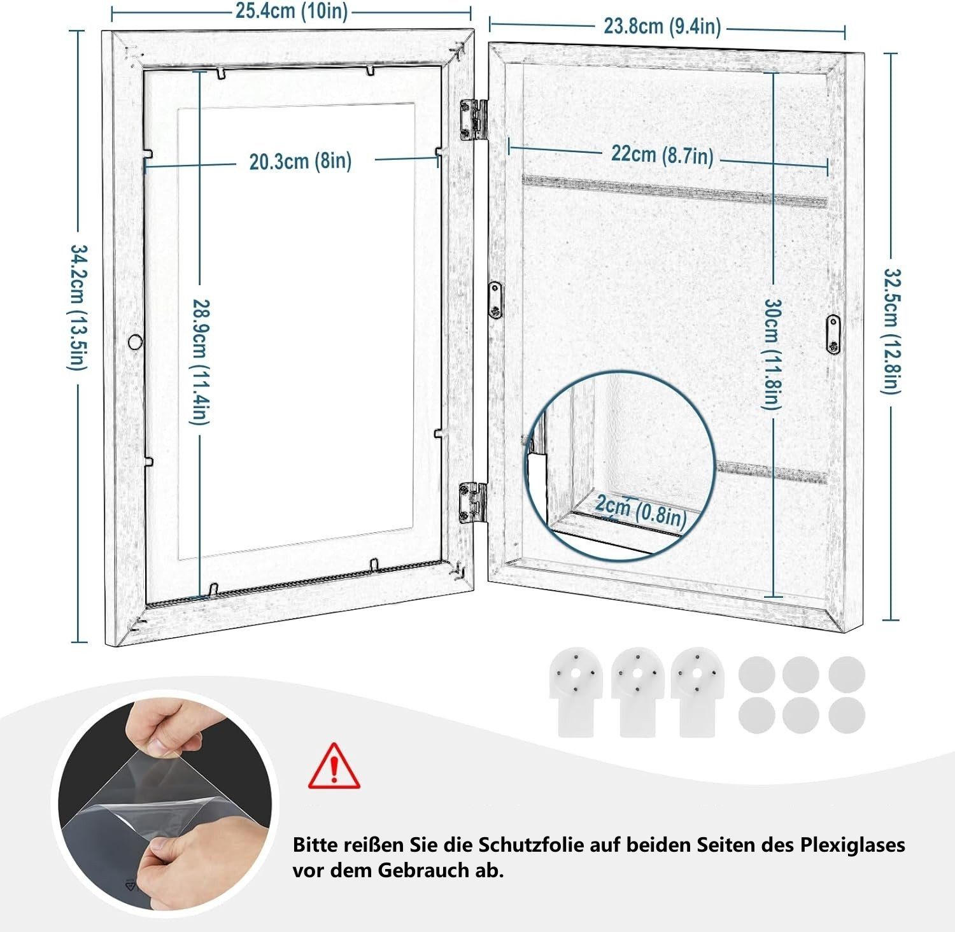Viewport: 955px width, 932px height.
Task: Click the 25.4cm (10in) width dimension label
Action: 292,11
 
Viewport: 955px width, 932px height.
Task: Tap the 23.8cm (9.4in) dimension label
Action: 662,26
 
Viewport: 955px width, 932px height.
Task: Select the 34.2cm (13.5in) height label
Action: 77,307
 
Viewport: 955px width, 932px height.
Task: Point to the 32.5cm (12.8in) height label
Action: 891,330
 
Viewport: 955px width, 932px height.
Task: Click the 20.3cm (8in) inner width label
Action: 300,161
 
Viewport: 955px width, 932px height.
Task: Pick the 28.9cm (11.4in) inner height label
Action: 200,362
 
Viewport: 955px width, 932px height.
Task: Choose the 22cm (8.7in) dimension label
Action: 662,155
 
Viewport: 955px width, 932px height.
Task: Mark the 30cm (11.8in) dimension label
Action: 772,354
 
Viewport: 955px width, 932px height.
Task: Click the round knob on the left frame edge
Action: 135,342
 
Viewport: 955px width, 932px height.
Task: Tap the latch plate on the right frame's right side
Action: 833,334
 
